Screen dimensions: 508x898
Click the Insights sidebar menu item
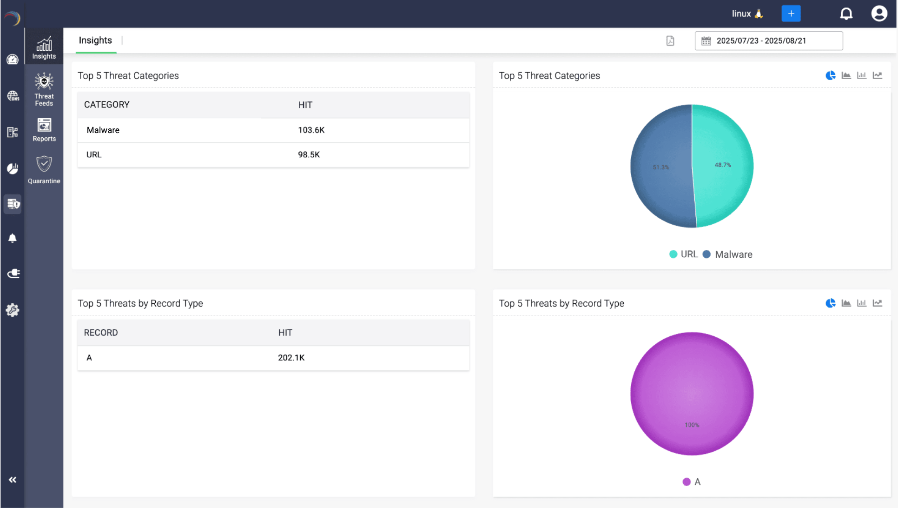click(x=44, y=48)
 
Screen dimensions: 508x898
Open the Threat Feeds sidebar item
click(x=44, y=89)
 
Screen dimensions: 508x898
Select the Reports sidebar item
click(x=44, y=130)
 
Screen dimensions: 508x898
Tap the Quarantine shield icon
click(x=44, y=164)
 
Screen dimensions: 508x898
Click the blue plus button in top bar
click(x=791, y=13)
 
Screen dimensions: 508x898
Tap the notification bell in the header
click(x=846, y=13)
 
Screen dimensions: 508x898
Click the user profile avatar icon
click(x=878, y=13)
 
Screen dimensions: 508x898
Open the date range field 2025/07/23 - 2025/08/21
click(x=768, y=41)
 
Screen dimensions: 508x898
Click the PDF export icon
click(x=670, y=41)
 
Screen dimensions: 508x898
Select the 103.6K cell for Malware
click(x=311, y=130)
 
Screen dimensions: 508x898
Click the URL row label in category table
click(x=94, y=155)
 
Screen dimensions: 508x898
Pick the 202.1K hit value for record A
click(x=291, y=358)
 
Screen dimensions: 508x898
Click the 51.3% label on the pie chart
click(x=660, y=167)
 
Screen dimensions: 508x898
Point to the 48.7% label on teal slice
click(x=722, y=165)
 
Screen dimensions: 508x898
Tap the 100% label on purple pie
click(x=692, y=425)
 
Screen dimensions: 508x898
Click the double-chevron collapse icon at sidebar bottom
click(x=13, y=480)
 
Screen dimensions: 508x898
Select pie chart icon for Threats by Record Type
click(x=830, y=303)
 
